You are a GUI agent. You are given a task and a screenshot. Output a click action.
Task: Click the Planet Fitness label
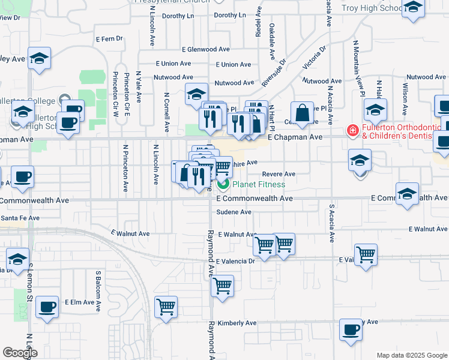[259, 184]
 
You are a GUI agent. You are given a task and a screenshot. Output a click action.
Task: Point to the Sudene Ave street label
[234, 212]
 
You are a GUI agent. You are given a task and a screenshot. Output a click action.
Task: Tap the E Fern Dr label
[109, 38]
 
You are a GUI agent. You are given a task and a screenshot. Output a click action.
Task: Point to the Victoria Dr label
[315, 56]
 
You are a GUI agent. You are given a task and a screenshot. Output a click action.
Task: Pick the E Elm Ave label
[80, 302]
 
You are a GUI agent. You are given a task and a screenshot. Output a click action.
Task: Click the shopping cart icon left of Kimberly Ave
[165, 307]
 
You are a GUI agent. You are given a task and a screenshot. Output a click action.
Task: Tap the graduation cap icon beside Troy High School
[413, 8]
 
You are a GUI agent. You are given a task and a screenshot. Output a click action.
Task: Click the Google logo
[20, 353]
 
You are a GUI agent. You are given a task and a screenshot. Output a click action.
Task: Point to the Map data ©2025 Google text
[411, 355]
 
